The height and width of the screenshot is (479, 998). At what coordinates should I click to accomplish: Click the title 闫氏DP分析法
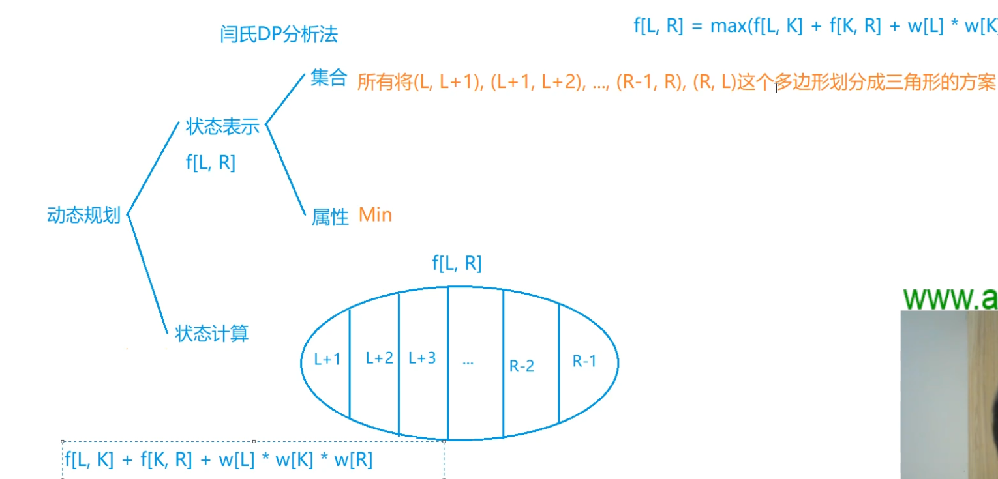click(279, 35)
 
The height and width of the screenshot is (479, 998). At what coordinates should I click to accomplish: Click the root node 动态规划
click(83, 215)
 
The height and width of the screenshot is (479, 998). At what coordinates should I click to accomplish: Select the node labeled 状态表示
click(222, 126)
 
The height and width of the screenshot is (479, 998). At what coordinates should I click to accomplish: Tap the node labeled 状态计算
click(212, 334)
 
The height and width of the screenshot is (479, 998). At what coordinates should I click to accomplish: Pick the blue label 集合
click(328, 80)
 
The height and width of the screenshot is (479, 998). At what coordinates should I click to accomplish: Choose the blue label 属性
click(330, 216)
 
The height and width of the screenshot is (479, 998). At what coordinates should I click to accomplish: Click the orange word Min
click(376, 214)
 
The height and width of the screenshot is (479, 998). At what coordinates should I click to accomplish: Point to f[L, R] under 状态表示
click(210, 162)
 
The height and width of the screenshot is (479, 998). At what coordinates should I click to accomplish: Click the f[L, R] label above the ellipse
click(457, 263)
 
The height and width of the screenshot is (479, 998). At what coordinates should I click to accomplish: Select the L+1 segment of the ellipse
click(327, 360)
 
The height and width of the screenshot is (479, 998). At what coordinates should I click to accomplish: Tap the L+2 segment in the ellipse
click(379, 358)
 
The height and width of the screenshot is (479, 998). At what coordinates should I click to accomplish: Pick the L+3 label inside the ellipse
click(422, 358)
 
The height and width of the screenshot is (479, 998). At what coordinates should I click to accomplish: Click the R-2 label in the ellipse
click(522, 366)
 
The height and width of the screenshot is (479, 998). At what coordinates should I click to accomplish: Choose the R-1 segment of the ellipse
click(584, 361)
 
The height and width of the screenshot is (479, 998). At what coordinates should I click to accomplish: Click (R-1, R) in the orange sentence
click(645, 83)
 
